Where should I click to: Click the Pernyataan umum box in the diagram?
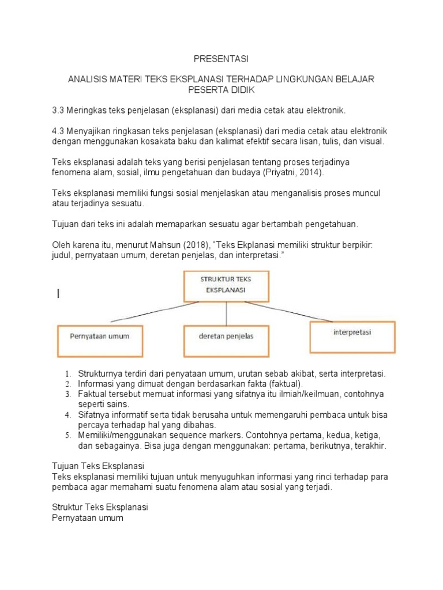[x=100, y=336]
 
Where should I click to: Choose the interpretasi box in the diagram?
[x=352, y=333]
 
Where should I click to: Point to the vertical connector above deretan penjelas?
[x=226, y=313]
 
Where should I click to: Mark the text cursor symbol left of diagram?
[x=58, y=295]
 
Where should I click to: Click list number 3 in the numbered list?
[x=67, y=394]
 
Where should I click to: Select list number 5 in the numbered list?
[x=67, y=436]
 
